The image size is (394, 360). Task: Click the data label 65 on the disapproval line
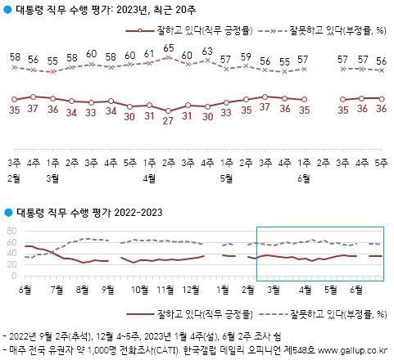point(168,48)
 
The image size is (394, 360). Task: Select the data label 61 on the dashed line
point(148,54)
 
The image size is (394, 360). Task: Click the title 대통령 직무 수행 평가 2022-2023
point(87,212)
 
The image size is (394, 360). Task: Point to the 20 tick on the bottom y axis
point(11,266)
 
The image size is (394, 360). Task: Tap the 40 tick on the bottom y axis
point(11,254)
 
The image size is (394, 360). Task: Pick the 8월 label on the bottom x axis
point(84,289)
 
